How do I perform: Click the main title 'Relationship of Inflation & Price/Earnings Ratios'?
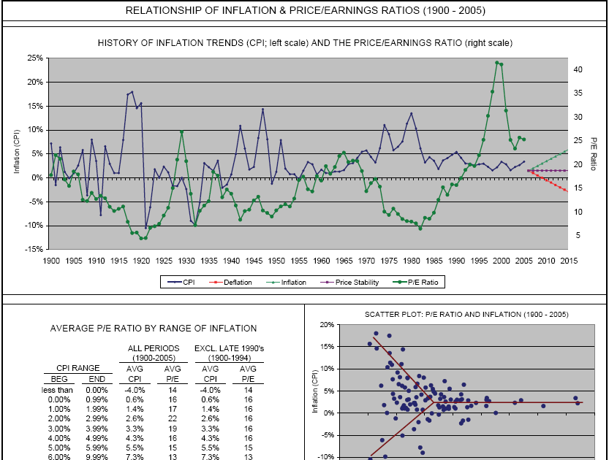click(x=305, y=11)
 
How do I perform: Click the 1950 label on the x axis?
click(x=276, y=260)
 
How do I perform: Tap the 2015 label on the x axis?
click(x=568, y=260)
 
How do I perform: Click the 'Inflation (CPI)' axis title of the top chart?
click(x=16, y=153)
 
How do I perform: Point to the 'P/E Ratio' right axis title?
click(x=594, y=153)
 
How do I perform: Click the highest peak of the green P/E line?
click(x=497, y=63)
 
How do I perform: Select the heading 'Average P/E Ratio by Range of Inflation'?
click(x=154, y=329)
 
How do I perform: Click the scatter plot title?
click(x=457, y=315)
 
